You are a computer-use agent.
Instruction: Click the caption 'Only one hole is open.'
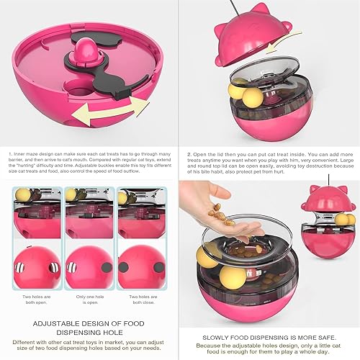click(91, 300)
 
